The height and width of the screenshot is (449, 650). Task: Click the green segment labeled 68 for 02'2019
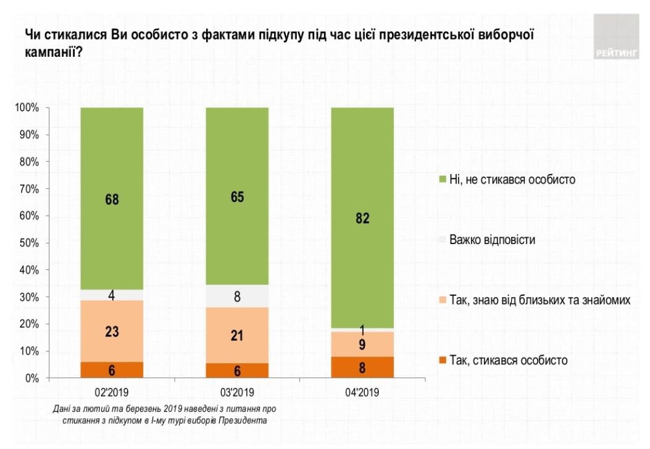tap(112, 199)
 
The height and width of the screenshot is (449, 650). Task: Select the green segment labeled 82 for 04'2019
tap(363, 217)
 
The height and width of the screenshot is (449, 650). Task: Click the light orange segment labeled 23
tap(112, 331)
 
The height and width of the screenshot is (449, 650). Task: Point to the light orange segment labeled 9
tap(363, 344)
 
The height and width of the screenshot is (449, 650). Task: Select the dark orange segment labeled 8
tap(363, 367)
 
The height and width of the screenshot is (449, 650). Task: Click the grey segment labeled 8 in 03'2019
tap(237, 296)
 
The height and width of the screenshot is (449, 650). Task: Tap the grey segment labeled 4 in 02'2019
tap(112, 295)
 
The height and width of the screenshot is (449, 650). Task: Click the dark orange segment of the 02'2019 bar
tap(112, 370)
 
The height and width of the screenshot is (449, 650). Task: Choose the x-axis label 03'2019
tap(237, 392)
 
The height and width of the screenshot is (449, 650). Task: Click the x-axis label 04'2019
tap(363, 392)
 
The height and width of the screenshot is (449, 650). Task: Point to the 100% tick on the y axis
tap(27, 108)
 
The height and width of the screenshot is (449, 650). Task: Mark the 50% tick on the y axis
tap(28, 243)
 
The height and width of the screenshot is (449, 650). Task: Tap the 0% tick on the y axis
tap(31, 378)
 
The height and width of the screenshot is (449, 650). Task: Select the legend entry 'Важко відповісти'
tap(492, 240)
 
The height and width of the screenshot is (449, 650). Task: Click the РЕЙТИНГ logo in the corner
tap(617, 37)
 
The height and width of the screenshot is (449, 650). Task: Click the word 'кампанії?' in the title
tap(54, 53)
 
